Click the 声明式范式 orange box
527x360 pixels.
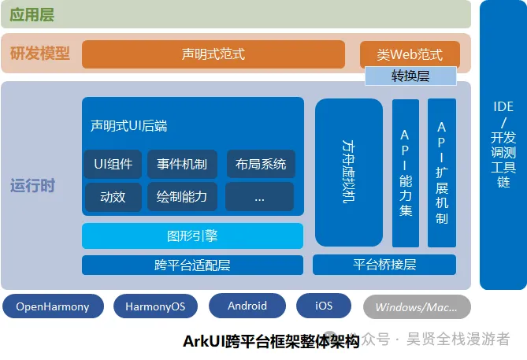pyautogui.click(x=213, y=54)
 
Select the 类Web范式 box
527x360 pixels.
pyautogui.click(x=410, y=54)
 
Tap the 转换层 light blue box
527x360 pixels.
pyautogui.click(x=410, y=76)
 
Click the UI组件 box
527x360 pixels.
pyautogui.click(x=113, y=164)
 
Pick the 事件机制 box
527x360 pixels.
pyautogui.click(x=182, y=164)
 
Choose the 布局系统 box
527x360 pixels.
pyautogui.click(x=261, y=164)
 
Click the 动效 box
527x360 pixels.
pyautogui.click(x=113, y=197)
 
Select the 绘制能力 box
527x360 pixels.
pyautogui.click(x=182, y=197)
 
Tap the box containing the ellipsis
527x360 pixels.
pyautogui.click(x=259, y=197)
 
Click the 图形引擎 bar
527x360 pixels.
pyautogui.click(x=192, y=236)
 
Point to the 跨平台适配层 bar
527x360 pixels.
pyautogui.click(x=192, y=265)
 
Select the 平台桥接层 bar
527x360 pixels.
pyautogui.click(x=384, y=265)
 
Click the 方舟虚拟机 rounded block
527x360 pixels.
pyautogui.click(x=349, y=173)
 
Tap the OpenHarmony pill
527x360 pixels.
pyautogui.click(x=53, y=306)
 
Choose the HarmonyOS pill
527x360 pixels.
pyautogui.click(x=155, y=306)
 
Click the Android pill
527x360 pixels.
pyautogui.click(x=247, y=306)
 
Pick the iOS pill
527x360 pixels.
pyautogui.click(x=324, y=306)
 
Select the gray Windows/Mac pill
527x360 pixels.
pyautogui.click(x=417, y=307)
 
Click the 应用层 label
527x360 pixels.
pyautogui.click(x=32, y=15)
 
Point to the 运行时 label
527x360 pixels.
pyautogui.click(x=32, y=186)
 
